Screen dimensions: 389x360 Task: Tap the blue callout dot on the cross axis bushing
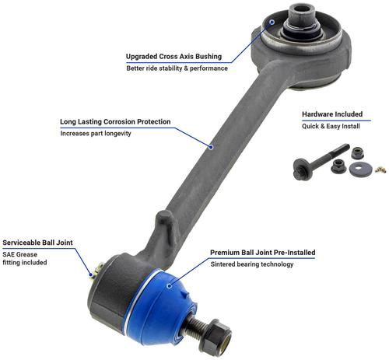point(272,23)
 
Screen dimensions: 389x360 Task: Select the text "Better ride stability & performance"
point(177,68)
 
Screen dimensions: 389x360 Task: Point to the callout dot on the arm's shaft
point(211,147)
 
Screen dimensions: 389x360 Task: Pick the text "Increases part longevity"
point(96,134)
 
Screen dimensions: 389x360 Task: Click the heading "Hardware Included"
point(332,114)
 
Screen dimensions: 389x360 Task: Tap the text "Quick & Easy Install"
point(331,126)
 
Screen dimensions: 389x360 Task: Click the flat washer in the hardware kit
point(359,170)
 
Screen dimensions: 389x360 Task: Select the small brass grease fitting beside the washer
point(380,170)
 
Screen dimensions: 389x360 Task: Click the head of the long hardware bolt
point(301,169)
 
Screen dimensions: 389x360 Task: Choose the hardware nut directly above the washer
point(358,153)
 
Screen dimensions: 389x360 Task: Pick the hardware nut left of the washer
point(338,166)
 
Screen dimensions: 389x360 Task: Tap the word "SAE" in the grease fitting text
point(9,254)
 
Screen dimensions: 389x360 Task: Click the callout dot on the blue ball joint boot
point(169,286)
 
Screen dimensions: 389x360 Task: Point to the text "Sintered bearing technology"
point(252,264)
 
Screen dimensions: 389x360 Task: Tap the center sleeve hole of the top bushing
point(303,9)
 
